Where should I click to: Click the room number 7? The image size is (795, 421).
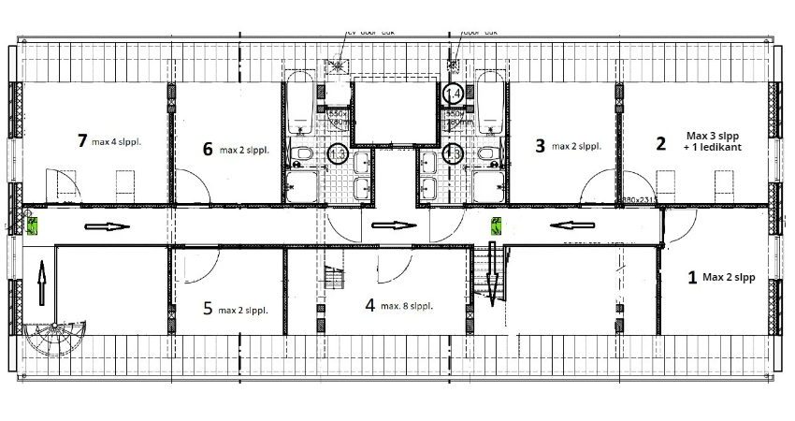(x=82, y=141)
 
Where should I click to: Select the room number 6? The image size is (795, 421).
(x=207, y=148)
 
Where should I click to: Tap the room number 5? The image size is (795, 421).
(x=208, y=309)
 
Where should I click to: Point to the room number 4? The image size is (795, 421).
(x=369, y=304)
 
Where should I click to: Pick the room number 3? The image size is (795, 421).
(x=540, y=145)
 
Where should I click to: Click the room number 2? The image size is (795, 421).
(x=660, y=143)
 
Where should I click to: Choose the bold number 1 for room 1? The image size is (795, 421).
(x=692, y=277)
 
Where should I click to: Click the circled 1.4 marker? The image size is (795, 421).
(x=454, y=94)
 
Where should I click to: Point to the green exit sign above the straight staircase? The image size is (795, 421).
(x=497, y=225)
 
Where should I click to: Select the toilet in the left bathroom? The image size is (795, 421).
(x=302, y=152)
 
